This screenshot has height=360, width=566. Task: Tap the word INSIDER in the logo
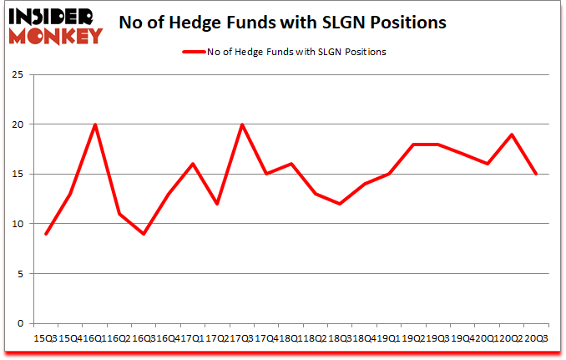coord(53,15)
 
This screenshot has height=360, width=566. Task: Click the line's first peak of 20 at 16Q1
coord(95,124)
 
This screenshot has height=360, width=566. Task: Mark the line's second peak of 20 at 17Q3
coord(242,124)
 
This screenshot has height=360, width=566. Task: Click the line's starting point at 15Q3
coord(46,234)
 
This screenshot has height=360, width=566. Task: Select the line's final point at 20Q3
coord(536,175)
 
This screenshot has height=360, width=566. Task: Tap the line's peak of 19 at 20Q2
coord(512,134)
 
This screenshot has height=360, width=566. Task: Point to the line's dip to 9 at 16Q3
coord(144,234)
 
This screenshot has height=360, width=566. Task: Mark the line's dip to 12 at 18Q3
coord(340,204)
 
